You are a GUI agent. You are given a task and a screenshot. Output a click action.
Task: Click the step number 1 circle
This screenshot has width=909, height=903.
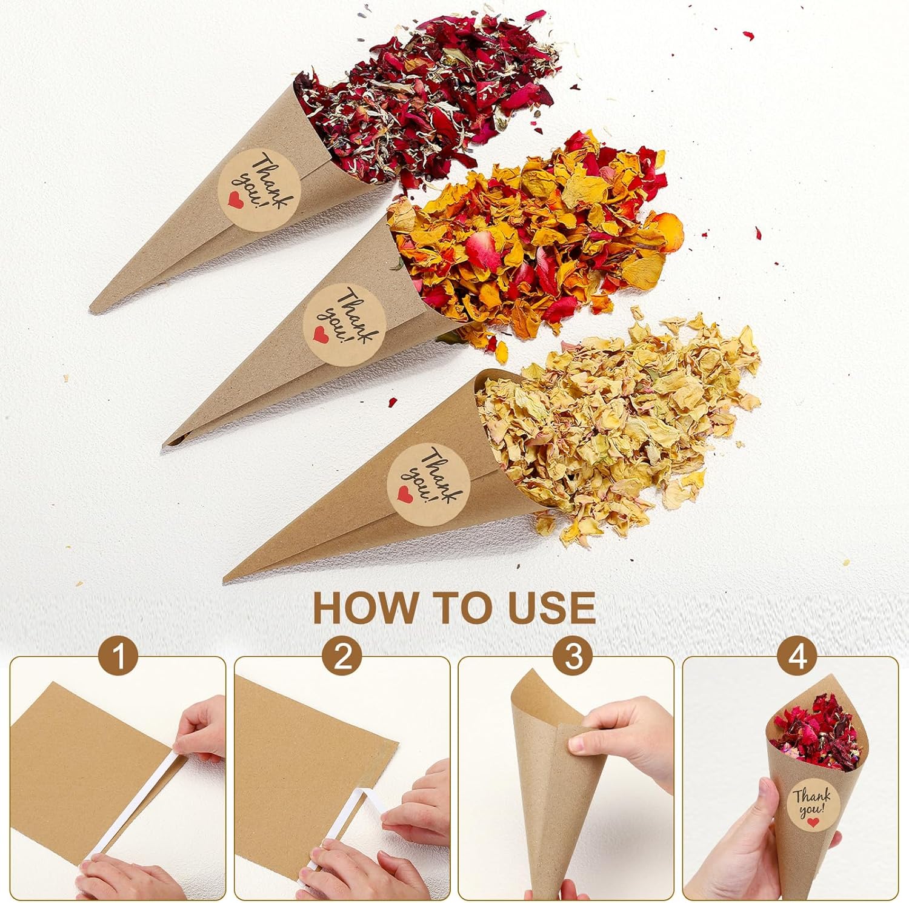[x=119, y=656]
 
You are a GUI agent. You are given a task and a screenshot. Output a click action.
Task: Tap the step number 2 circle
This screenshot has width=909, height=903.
[x=343, y=656]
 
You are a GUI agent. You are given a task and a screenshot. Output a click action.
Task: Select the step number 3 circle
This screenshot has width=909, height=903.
[x=573, y=656]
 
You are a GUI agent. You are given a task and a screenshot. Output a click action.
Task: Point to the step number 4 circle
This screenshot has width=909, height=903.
[x=798, y=656]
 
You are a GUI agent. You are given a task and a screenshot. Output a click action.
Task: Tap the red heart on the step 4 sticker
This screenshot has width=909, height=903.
[x=813, y=822]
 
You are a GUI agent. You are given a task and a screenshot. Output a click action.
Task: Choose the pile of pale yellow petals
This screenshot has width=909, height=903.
[x=612, y=425]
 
